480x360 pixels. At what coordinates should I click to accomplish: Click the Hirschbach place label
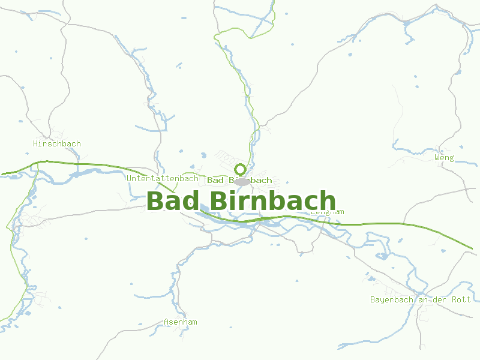[x=57, y=144]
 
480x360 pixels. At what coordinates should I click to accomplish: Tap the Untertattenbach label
[x=163, y=179]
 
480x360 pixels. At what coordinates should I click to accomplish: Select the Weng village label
[x=444, y=158]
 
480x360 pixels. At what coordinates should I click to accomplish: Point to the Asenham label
[x=180, y=322]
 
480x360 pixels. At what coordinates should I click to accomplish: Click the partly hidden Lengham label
[x=329, y=212]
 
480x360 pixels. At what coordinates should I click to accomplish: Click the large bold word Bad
[x=174, y=201]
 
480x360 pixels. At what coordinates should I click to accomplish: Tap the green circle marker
[x=241, y=169]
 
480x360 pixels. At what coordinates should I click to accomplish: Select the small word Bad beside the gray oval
[x=215, y=180]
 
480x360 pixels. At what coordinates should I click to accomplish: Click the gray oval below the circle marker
[x=242, y=181]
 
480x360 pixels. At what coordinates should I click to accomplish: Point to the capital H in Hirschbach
[x=35, y=144]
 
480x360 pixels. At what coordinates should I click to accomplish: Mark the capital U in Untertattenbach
[x=130, y=179]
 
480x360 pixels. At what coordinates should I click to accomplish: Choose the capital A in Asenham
[x=166, y=322]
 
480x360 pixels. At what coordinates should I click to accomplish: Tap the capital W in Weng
[x=437, y=158]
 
